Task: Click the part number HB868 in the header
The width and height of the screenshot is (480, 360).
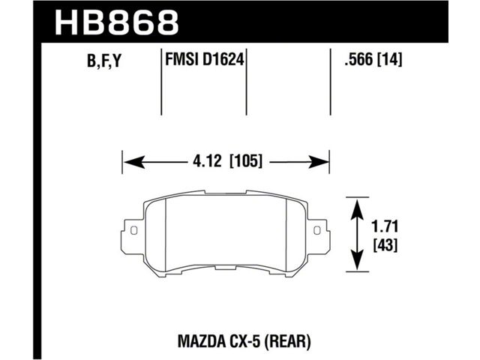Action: tap(117, 22)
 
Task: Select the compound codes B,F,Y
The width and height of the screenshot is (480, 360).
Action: tap(104, 61)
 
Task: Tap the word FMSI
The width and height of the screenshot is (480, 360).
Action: tap(182, 59)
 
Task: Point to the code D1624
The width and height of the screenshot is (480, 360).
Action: tap(223, 59)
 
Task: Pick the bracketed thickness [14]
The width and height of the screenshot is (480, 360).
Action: tap(390, 59)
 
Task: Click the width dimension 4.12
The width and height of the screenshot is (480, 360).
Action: tap(207, 161)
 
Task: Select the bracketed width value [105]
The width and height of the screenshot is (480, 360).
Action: tap(246, 161)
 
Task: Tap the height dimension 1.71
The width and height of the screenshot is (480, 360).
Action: tap(385, 226)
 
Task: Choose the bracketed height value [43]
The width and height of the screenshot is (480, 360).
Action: tap(385, 245)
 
